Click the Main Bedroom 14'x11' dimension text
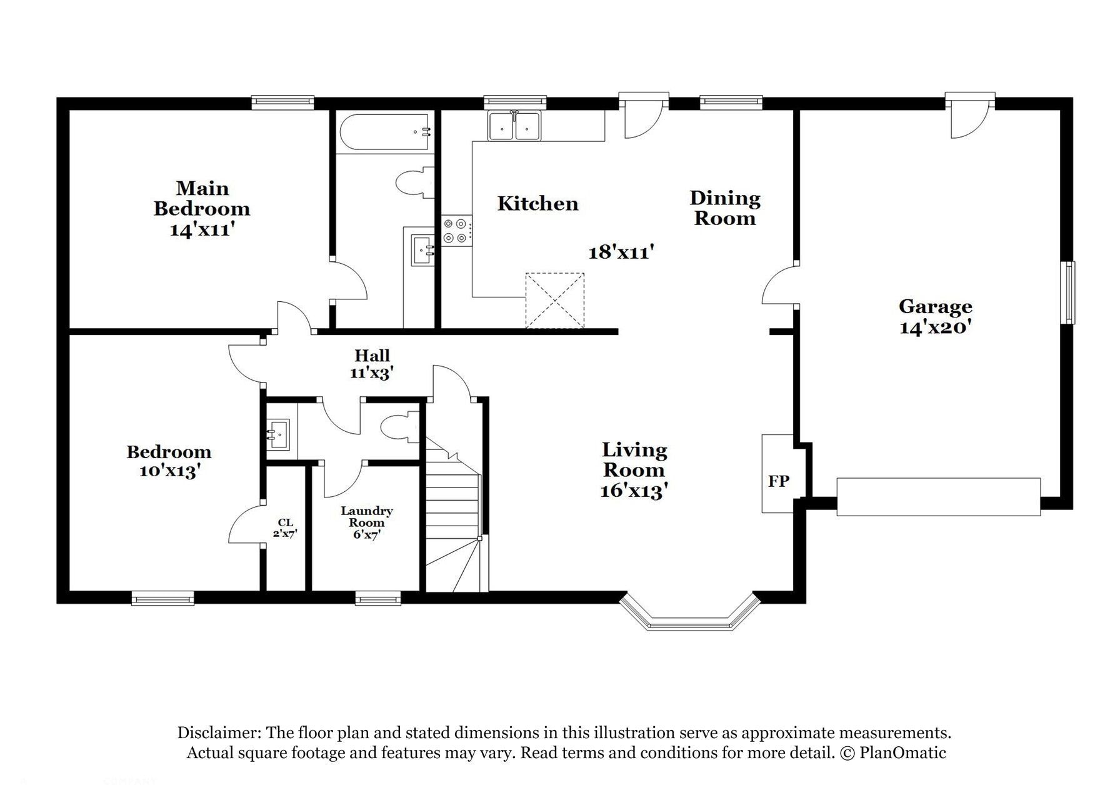202,229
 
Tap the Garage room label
935,306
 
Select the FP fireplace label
778,481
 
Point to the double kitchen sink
515,126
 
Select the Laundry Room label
366,516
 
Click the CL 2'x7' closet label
285,528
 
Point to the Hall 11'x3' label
372,364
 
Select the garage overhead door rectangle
937,497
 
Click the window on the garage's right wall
1069,292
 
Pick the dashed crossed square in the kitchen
554,300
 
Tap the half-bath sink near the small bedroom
278,433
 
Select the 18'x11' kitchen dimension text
621,252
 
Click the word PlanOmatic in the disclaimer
902,752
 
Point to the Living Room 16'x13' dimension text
634,491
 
